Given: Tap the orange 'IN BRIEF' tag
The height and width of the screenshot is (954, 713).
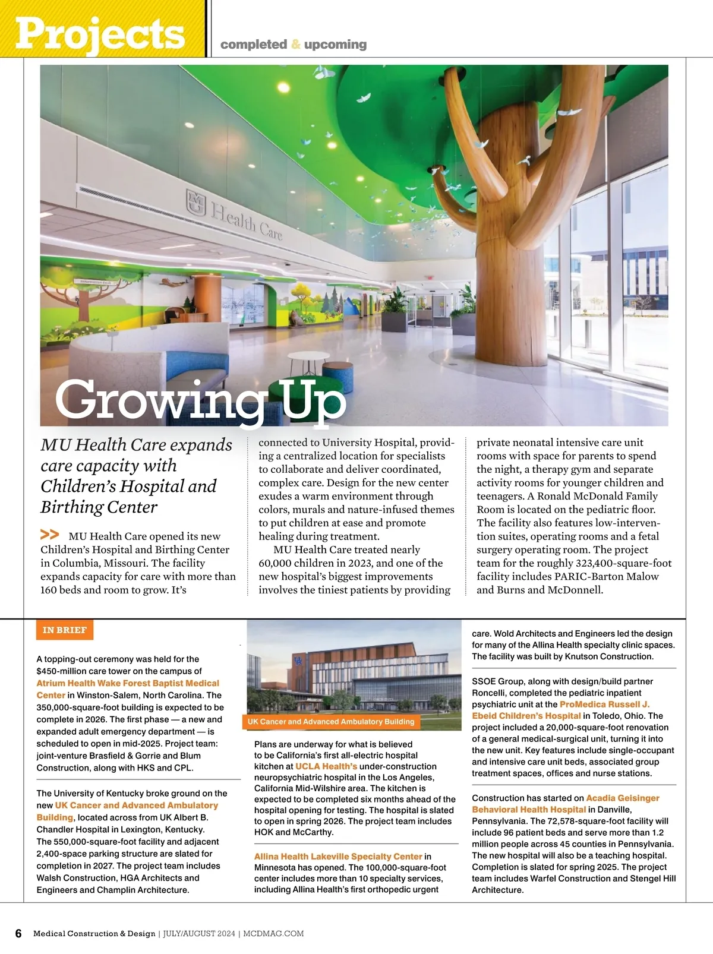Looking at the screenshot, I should tap(65, 630).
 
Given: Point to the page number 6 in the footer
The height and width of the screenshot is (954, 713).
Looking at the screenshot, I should tap(18, 933).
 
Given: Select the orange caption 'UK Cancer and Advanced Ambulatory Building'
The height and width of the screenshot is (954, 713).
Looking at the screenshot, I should tap(331, 722).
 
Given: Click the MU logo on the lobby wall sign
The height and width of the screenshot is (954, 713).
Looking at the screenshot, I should tap(195, 203).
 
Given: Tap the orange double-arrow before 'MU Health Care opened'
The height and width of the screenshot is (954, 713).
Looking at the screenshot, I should tap(50, 535).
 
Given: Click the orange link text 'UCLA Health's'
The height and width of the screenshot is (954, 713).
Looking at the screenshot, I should tap(326, 767).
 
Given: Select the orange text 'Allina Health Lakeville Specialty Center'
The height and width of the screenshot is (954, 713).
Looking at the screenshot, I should tap(338, 857).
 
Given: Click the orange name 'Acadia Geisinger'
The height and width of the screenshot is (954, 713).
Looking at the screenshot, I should tap(623, 798).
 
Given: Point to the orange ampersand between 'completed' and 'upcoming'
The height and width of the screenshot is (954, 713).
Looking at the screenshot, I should tap(296, 45).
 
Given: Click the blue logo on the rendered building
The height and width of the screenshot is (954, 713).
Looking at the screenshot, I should tap(298, 661).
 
